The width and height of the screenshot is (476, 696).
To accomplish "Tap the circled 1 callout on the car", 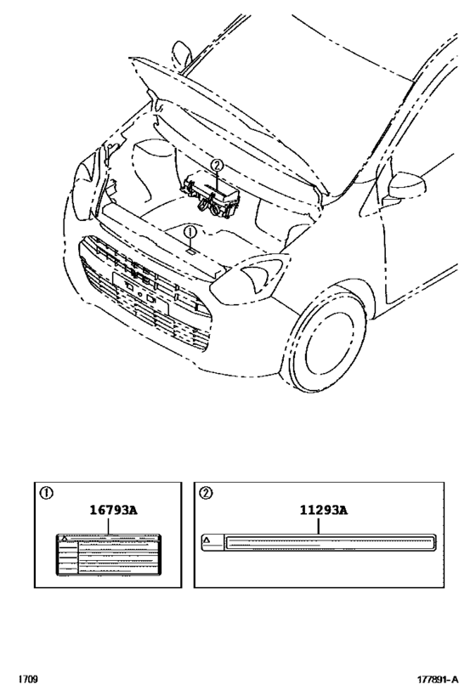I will pos(190,231).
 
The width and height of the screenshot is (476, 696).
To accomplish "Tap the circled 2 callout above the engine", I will pos(217,165).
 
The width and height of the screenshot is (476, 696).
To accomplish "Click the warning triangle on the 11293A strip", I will pos(207,540).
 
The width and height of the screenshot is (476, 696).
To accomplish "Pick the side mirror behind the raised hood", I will pos(180,56).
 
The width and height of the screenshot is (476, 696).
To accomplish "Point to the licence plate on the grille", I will pos(136,286).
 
